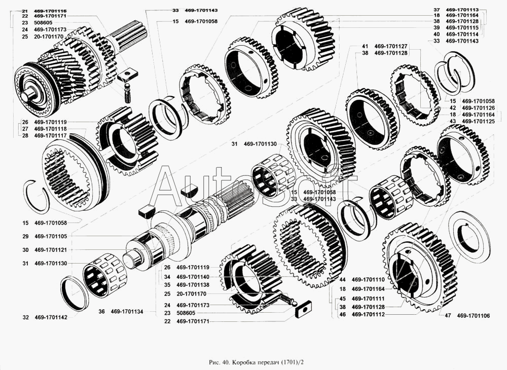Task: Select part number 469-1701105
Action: (x=51, y=237)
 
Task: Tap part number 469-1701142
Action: (x=51, y=317)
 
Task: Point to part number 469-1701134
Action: (x=127, y=311)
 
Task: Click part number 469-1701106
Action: (x=474, y=316)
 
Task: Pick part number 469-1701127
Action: (x=391, y=46)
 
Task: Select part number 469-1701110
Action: (x=368, y=280)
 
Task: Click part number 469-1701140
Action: (x=193, y=277)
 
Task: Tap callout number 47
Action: (x=448, y=316)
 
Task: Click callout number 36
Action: (x=101, y=311)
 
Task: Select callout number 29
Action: (x=25, y=237)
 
